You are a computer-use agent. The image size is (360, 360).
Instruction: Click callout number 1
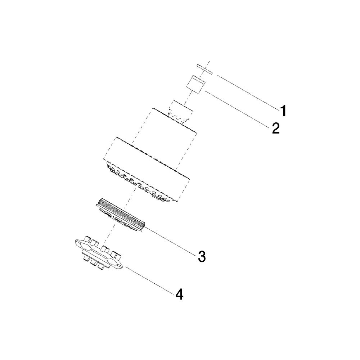click(284, 111)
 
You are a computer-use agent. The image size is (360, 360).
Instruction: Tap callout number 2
click(276, 128)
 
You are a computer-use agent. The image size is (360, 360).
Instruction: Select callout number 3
click(202, 256)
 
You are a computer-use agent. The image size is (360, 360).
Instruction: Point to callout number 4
click(179, 294)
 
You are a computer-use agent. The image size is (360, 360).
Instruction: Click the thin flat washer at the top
click(204, 69)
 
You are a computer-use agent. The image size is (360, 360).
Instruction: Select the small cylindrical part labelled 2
click(195, 84)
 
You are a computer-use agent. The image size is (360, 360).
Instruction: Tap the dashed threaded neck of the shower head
click(180, 112)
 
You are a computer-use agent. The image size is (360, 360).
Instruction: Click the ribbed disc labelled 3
click(121, 215)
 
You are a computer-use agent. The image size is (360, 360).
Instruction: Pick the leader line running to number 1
click(248, 92)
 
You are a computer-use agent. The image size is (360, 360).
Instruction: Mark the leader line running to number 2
click(238, 109)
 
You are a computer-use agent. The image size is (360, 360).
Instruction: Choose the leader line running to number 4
click(150, 280)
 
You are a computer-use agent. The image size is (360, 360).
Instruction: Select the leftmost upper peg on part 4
click(87, 239)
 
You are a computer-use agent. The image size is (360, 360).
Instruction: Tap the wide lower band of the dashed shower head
click(147, 170)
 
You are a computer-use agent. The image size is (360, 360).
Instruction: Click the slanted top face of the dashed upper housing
click(174, 120)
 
